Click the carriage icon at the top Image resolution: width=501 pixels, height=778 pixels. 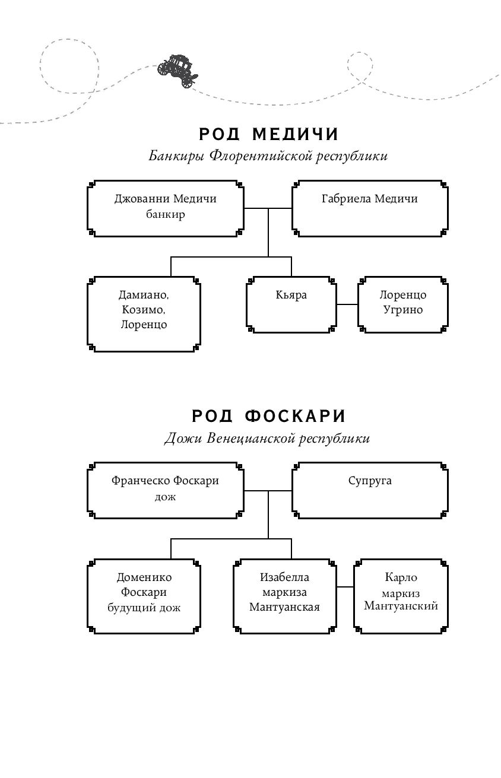click(x=177, y=71)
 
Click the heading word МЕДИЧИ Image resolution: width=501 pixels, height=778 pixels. click(x=296, y=134)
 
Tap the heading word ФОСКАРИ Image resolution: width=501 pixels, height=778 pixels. click(x=295, y=416)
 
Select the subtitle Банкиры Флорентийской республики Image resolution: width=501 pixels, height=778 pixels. click(x=268, y=155)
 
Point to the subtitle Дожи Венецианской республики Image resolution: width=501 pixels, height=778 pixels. click(x=267, y=438)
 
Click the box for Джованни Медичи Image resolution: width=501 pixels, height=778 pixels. click(x=166, y=208)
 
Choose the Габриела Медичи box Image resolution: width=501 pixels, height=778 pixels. click(x=370, y=208)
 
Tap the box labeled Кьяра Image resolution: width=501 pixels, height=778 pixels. click(x=291, y=304)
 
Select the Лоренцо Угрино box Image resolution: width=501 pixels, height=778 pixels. click(x=402, y=304)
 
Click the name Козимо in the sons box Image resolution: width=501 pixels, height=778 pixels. click(x=144, y=309)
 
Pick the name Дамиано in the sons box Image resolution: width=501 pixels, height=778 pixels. click(x=144, y=294)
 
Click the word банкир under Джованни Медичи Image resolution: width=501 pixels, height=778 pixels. click(x=166, y=214)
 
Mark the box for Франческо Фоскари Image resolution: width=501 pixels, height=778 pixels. click(x=166, y=490)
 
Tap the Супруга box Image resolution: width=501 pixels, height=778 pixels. click(x=370, y=490)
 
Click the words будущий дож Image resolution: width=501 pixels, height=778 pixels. click(x=144, y=608)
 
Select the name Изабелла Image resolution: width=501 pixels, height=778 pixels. click(x=284, y=577)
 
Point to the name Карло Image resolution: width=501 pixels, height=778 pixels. click(x=401, y=577)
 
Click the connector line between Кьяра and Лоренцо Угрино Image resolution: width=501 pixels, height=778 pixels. click(x=347, y=304)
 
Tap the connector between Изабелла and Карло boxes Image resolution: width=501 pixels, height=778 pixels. click(x=345, y=587)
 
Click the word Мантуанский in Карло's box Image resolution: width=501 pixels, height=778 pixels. click(x=401, y=606)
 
